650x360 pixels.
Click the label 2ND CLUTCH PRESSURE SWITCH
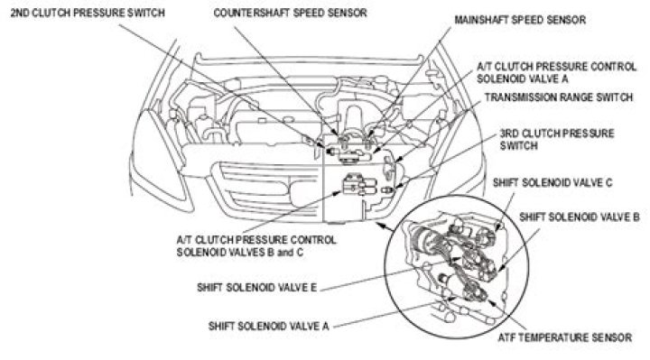[x=88, y=13]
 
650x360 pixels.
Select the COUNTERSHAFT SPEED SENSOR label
[x=290, y=13]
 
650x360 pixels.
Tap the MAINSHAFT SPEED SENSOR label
[x=520, y=20]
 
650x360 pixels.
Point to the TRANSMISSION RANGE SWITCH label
[x=559, y=97]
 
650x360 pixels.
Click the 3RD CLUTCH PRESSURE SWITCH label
[x=557, y=140]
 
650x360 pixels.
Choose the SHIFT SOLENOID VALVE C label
[x=552, y=182]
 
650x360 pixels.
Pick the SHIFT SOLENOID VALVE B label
[x=579, y=217]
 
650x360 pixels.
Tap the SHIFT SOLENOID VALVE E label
[x=257, y=288]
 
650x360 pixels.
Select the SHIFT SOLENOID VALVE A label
[x=269, y=326]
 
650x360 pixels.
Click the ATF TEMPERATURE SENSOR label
[x=564, y=337]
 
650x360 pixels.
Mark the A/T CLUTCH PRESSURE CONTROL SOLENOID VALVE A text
[x=556, y=72]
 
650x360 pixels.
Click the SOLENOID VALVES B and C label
[x=240, y=252]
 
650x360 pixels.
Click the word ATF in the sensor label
[x=506, y=337]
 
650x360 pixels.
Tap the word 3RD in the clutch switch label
[x=508, y=134]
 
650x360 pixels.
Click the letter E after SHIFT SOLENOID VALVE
[x=313, y=288]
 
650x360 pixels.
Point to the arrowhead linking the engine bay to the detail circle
[x=379, y=225]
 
